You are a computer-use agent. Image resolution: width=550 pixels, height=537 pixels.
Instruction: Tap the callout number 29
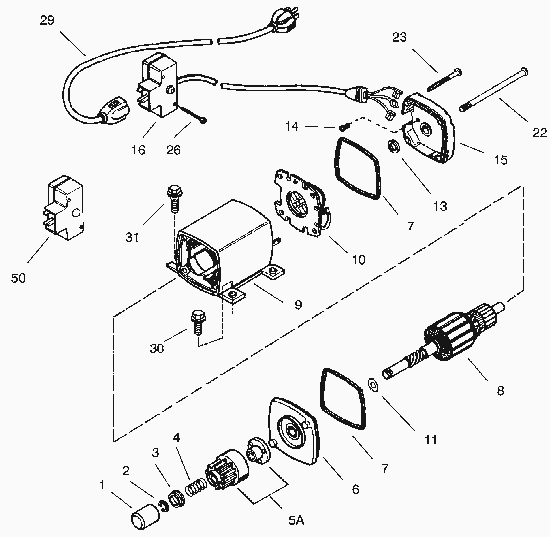pos(48,21)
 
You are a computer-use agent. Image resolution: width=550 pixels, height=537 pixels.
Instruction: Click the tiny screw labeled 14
pos(343,127)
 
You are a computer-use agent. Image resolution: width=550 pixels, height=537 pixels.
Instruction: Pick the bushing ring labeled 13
pos(393,147)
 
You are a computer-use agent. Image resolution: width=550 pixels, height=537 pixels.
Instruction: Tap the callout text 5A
pos(296,520)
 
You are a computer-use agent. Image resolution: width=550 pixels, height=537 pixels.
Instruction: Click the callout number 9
pos(298,305)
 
